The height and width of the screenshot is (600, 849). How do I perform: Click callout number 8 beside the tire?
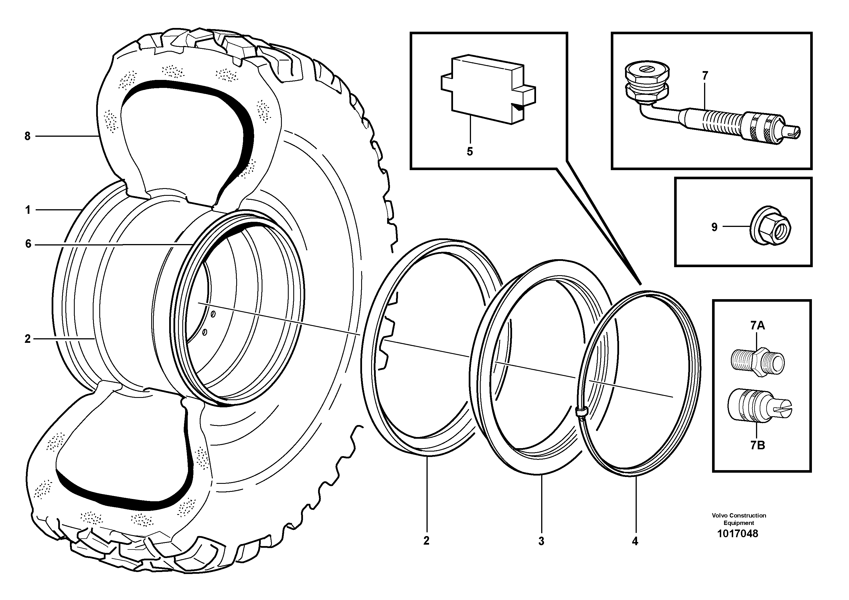pos(27,136)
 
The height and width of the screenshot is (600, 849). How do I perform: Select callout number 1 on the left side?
pos(28,210)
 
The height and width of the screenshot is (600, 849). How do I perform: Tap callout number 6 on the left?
pos(28,244)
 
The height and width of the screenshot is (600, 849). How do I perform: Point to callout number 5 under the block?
pos(470,152)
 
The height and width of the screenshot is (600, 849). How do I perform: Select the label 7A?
pos(757,325)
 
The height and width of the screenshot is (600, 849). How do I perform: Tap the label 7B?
pos(757,445)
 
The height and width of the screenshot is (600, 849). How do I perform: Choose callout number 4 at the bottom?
pos(635,541)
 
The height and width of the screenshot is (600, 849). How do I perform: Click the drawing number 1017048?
pos(737,534)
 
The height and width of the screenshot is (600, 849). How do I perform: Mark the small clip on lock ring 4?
pos(581,411)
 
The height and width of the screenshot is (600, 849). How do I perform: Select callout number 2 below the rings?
pos(426,541)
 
